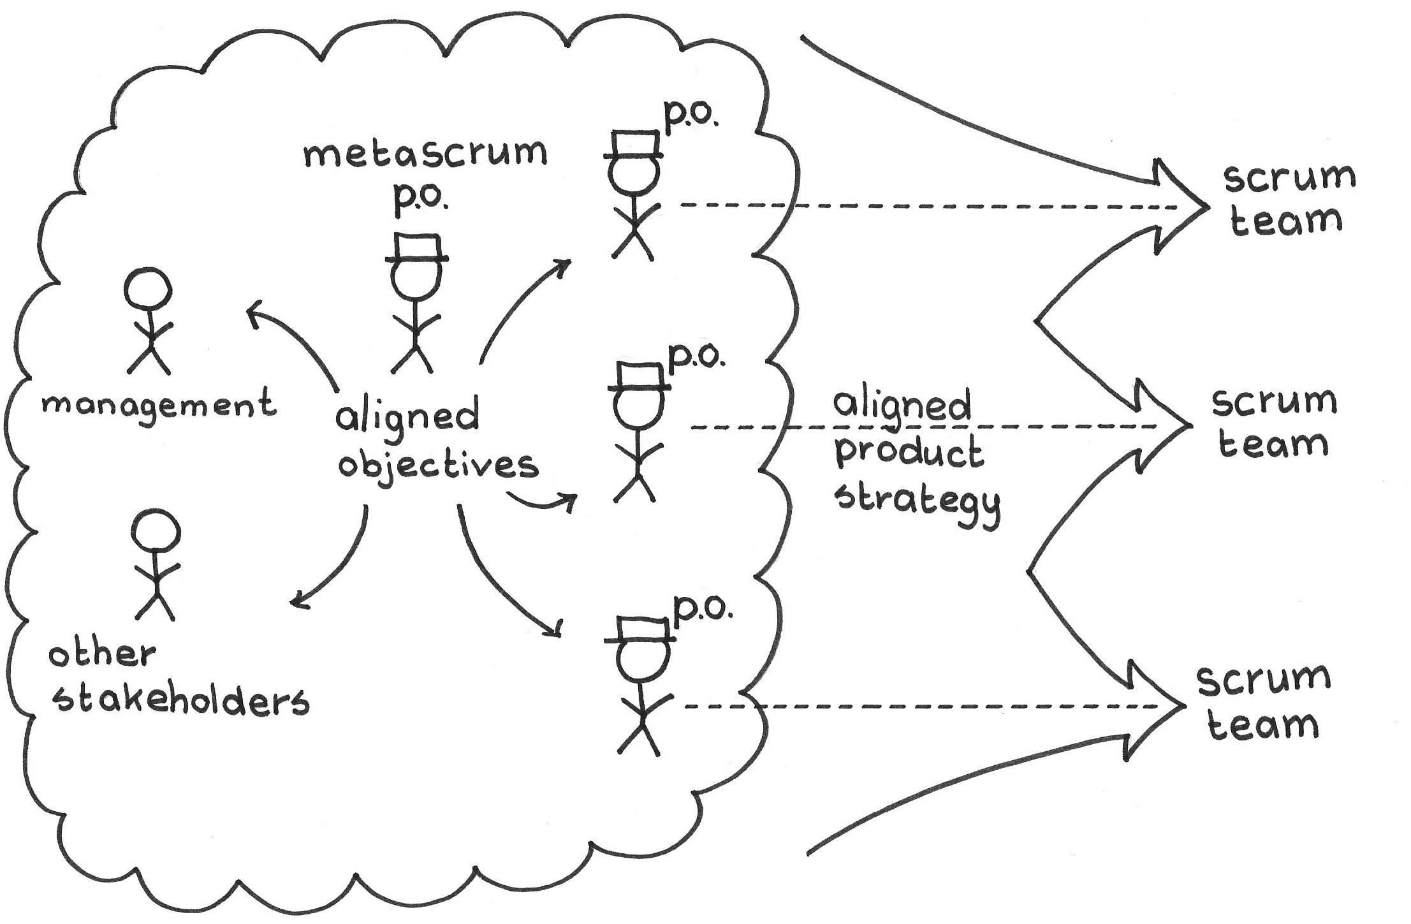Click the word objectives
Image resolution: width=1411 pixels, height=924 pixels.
coord(438,466)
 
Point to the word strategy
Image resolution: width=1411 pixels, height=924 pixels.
coord(918,500)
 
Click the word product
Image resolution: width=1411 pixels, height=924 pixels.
coord(909,451)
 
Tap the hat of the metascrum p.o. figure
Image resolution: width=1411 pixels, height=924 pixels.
coord(417,249)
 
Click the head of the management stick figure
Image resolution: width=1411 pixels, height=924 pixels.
coord(147,289)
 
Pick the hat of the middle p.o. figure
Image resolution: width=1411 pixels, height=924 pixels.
coord(639,377)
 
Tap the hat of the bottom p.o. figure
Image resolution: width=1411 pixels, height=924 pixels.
coord(640,630)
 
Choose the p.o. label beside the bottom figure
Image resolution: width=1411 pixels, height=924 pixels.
coord(703,609)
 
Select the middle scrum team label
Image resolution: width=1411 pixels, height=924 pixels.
coord(1273,422)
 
